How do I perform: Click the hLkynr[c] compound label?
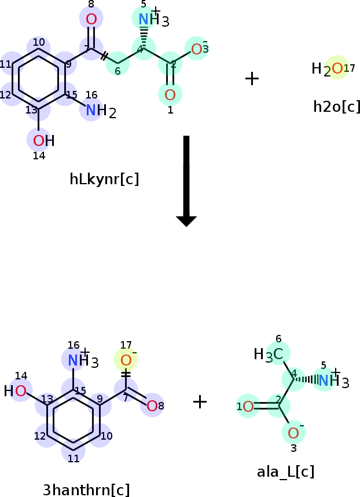(104, 179)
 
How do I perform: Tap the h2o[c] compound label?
(337, 107)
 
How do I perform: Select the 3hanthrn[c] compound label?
(86, 489)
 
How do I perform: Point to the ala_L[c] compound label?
(285, 472)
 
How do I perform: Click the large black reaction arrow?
(186, 181)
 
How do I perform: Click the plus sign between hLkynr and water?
(252, 78)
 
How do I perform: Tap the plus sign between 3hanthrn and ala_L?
(200, 402)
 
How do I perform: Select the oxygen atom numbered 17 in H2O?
(337, 68)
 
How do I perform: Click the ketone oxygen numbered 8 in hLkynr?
(91, 19)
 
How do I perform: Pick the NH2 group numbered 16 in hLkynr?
(101, 111)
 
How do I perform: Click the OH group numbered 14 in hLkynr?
(43, 141)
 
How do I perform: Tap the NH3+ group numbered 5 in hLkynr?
(154, 19)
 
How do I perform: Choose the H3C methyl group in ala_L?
(268, 355)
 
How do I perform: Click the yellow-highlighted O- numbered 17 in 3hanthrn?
(126, 360)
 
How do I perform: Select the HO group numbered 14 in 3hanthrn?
(15, 391)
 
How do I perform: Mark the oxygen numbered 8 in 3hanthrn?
(152, 405)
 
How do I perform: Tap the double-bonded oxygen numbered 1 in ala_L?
(248, 407)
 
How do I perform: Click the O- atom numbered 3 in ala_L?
(293, 433)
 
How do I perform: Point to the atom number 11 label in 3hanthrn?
(74, 458)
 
